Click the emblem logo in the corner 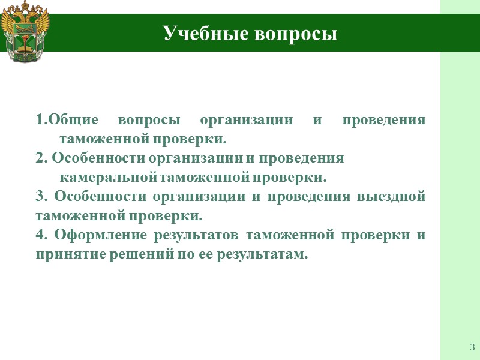[x=25, y=33]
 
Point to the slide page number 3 [x=472, y=347]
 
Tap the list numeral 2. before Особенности [x=41, y=158]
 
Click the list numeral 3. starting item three [x=41, y=197]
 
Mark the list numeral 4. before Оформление [x=41, y=235]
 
